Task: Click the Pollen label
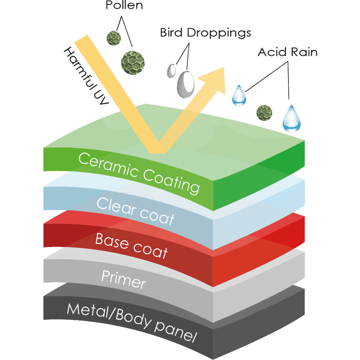(x=123, y=7)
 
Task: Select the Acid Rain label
(x=288, y=52)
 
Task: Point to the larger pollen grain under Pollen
(x=130, y=61)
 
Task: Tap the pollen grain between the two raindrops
(x=264, y=110)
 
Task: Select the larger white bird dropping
(x=185, y=84)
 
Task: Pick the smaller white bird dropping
(x=172, y=69)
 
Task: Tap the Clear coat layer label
(x=135, y=211)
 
